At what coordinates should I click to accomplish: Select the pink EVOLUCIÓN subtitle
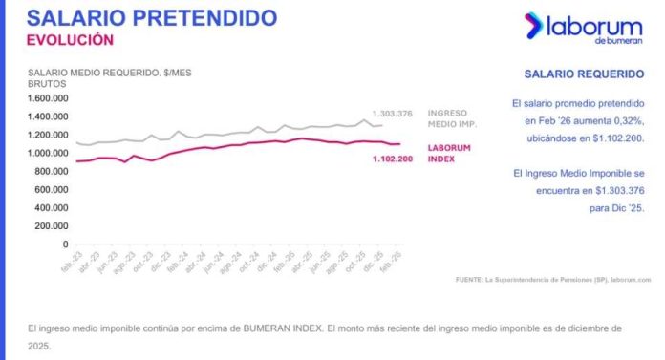[x=70, y=40]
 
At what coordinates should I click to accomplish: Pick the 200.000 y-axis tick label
[x=54, y=226]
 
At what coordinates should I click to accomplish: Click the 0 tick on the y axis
[x=67, y=244]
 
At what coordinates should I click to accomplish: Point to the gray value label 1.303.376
[x=392, y=114]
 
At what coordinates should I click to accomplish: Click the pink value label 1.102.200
[x=392, y=159]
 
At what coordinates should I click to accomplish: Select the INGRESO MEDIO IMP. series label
[x=452, y=118]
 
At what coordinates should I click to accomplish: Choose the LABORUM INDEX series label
[x=449, y=153]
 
